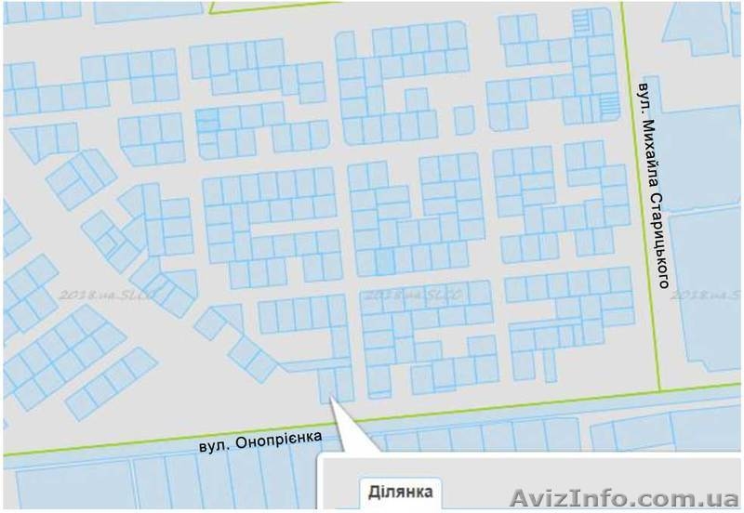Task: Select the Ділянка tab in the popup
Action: (x=400, y=492)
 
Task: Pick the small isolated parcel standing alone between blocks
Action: (x=464, y=119)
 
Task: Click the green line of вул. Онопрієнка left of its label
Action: (x=112, y=447)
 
